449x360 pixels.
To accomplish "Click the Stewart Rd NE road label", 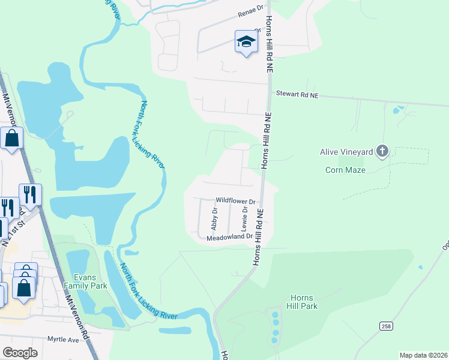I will (297, 94).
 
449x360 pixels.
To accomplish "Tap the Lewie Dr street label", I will (244, 219).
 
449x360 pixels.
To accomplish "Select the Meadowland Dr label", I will (230, 238).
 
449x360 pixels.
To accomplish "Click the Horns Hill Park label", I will (303, 302).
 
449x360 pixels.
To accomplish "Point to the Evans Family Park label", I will (90, 281).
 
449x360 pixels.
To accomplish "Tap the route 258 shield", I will (386, 325).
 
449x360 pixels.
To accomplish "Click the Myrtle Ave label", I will (64, 340).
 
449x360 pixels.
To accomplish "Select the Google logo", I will (20, 352).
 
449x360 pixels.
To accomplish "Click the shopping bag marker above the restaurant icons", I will (12, 139).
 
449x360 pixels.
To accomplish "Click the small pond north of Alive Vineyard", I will (397, 110).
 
